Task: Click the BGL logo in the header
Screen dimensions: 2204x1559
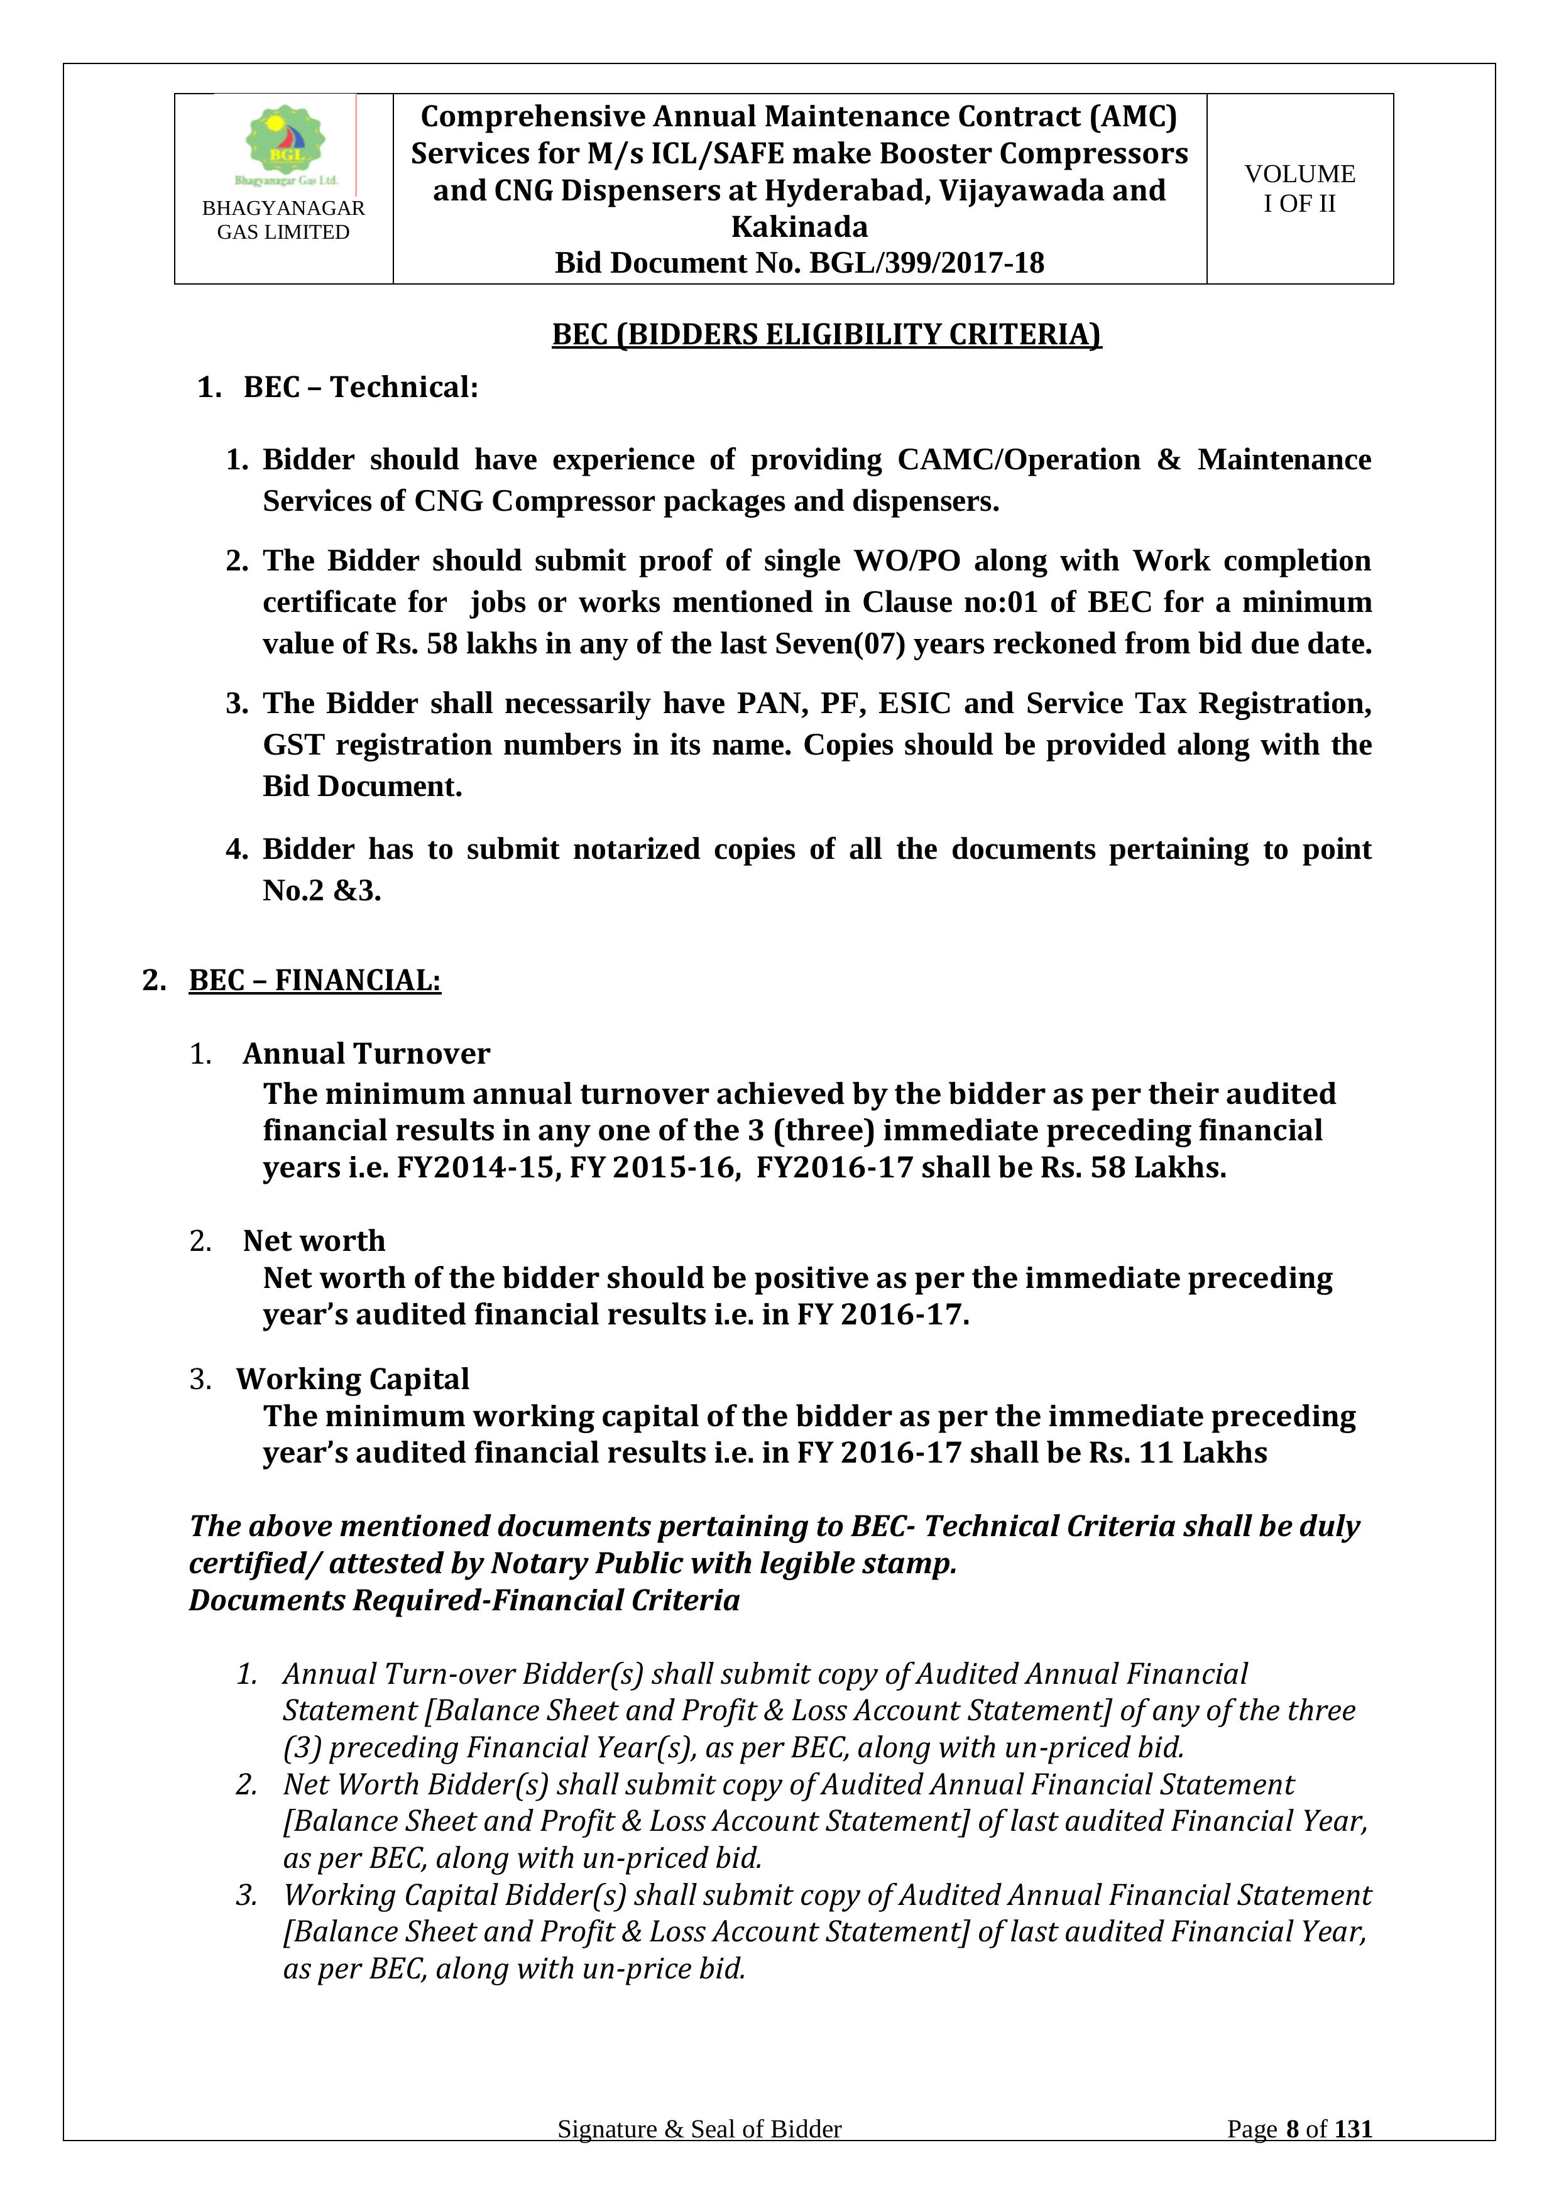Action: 286,142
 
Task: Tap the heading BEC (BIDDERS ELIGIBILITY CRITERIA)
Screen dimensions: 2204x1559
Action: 826,334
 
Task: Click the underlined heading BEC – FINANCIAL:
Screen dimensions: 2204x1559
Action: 315,980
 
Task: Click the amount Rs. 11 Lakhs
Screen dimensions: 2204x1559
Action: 1178,1453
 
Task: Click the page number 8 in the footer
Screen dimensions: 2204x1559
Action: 1292,2156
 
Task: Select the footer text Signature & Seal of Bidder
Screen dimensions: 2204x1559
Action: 699,2156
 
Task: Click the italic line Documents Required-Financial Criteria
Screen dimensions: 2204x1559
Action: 464,1600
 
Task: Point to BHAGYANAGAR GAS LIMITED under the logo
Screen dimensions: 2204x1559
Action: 283,220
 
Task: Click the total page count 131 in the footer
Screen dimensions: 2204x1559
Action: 1353,2156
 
